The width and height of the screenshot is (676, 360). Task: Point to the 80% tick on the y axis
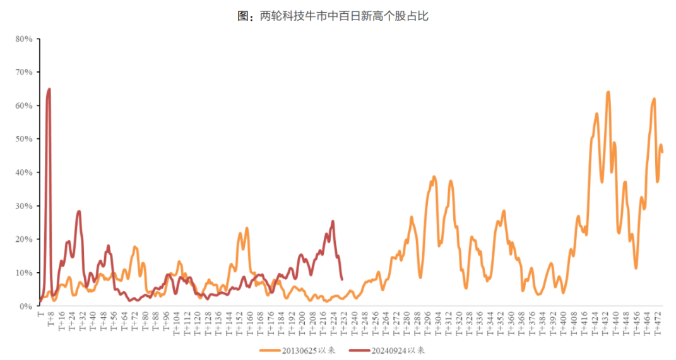point(24,39)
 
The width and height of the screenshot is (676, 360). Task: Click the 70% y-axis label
point(24,73)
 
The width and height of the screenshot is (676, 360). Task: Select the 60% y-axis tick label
point(24,105)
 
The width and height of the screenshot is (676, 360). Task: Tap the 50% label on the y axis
point(24,139)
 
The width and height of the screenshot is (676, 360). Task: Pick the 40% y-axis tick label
point(24,172)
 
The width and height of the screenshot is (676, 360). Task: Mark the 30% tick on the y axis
point(24,206)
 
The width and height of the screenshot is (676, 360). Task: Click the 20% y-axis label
point(24,239)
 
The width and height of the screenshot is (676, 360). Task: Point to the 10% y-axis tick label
point(24,273)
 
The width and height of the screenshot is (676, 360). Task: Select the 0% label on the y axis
point(26,306)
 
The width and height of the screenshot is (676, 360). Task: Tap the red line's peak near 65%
point(49,90)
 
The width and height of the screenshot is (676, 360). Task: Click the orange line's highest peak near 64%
point(608,92)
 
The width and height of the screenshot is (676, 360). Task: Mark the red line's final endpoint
point(342,279)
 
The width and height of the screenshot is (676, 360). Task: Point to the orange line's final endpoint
point(662,152)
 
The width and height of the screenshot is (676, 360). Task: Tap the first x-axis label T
point(40,313)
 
